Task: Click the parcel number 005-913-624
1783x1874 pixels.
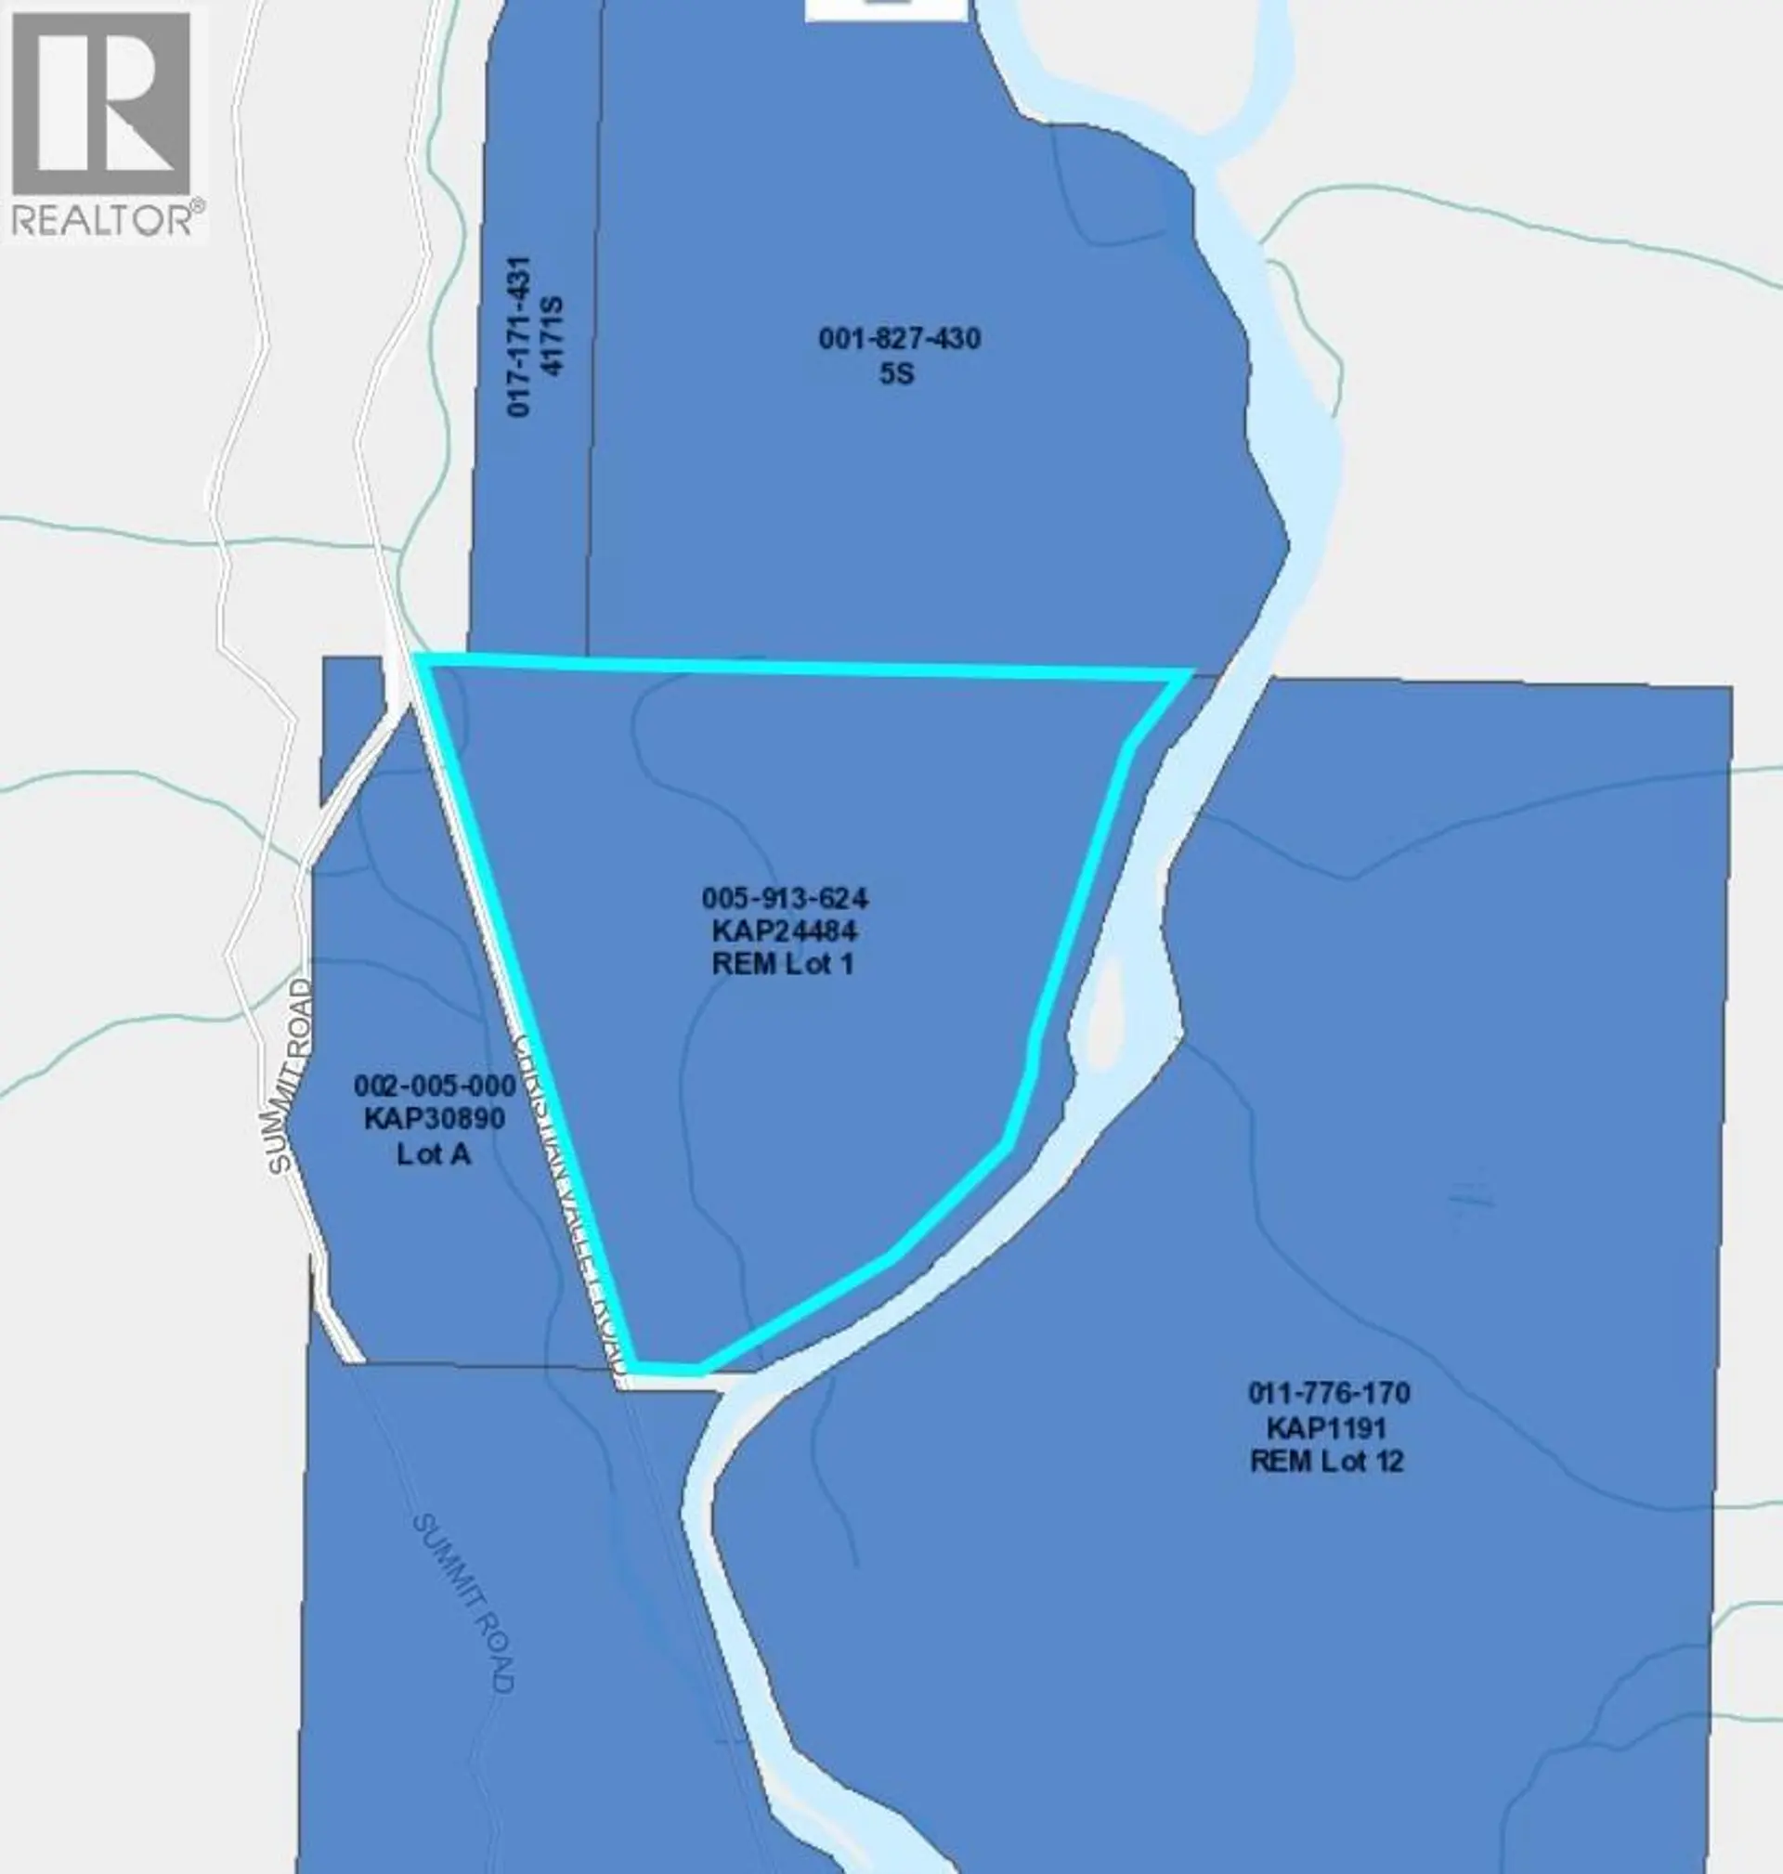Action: tap(784, 897)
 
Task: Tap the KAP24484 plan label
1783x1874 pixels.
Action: tap(784, 930)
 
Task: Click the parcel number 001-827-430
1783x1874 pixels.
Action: tap(899, 338)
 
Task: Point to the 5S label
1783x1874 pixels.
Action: tap(896, 373)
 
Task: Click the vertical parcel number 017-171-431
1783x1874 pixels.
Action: tap(518, 336)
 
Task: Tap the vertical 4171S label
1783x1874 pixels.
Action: tap(553, 336)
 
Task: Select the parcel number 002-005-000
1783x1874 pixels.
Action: tap(435, 1086)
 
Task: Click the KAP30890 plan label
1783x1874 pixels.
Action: tap(435, 1118)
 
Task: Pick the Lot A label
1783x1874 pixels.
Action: tap(434, 1152)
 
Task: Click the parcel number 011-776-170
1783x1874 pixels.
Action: tap(1328, 1393)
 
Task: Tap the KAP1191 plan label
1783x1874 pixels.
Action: tap(1326, 1427)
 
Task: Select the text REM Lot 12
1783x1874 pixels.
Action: tap(1326, 1461)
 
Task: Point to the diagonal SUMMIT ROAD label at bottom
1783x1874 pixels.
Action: tap(462, 1601)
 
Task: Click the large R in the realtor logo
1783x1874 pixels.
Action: tap(102, 104)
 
